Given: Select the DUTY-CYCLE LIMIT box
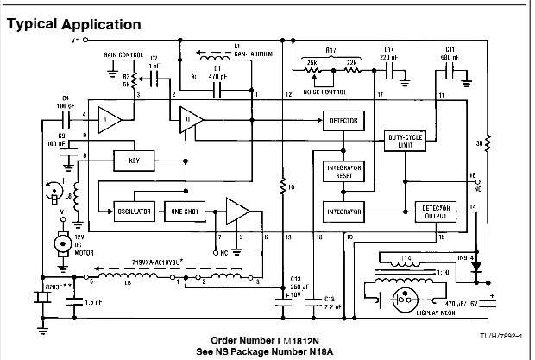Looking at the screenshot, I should click(404, 142).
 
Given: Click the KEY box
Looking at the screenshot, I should click(134, 161).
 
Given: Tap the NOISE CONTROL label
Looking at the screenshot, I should click(326, 91).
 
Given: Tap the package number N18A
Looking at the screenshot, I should click(325, 351).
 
